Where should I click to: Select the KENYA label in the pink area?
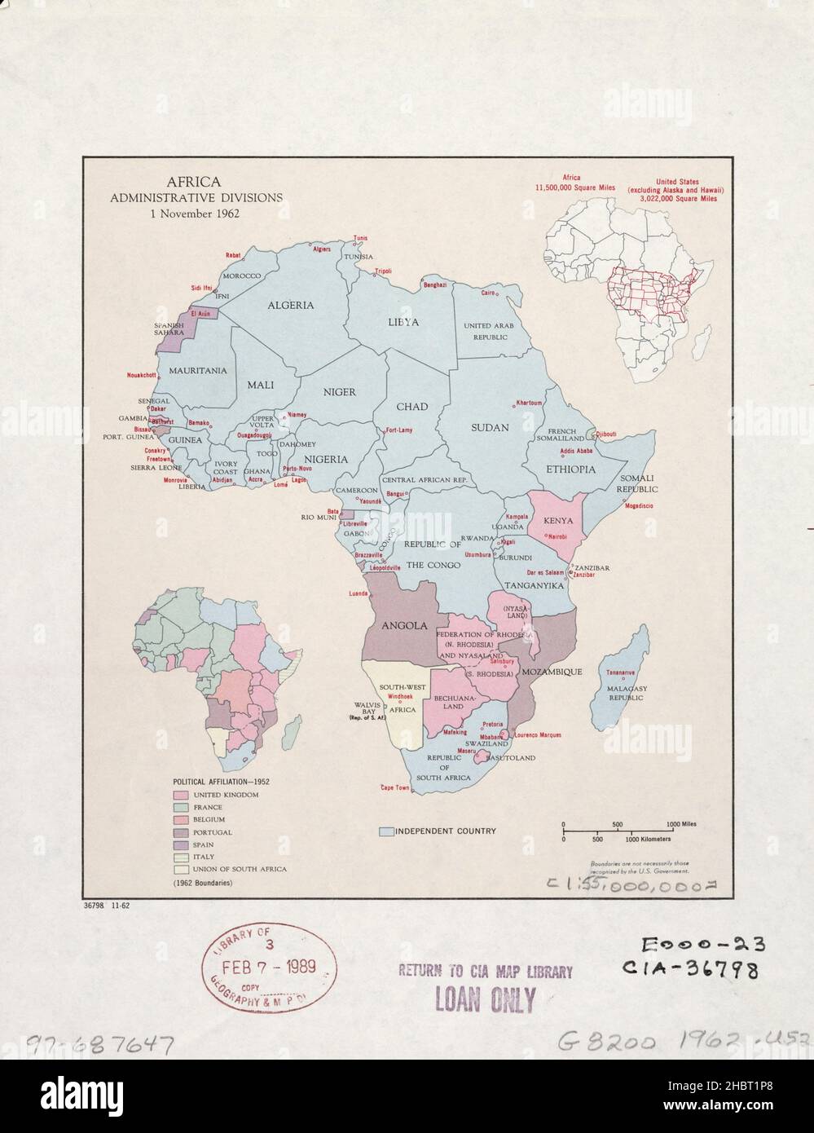click(x=557, y=521)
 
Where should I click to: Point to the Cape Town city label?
click(x=395, y=788)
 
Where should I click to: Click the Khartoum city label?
click(x=527, y=403)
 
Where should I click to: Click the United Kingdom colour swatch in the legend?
click(x=179, y=794)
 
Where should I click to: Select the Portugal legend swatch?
click(x=179, y=832)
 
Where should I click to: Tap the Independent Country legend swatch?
click(x=386, y=831)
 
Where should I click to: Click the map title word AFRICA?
click(x=193, y=183)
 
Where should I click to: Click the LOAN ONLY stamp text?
click(x=485, y=998)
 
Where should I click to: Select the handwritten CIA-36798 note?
click(x=691, y=970)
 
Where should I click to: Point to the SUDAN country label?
click(x=490, y=427)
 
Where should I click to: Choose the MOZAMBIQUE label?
click(x=552, y=672)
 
